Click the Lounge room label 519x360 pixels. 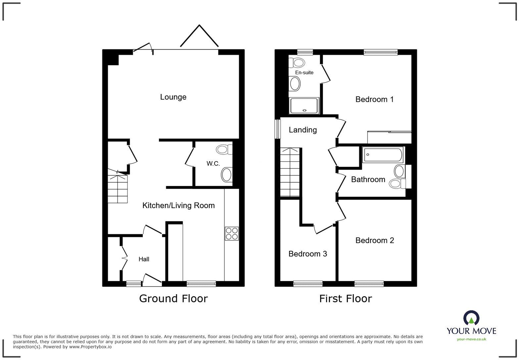pyautogui.click(x=173, y=97)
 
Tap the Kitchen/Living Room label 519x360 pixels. pyautogui.click(x=178, y=205)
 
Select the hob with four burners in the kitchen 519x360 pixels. pyautogui.click(x=232, y=233)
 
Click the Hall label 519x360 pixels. pyautogui.click(x=144, y=259)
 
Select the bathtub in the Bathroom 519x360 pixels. pyautogui.click(x=383, y=155)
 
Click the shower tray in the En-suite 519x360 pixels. pyautogui.click(x=304, y=106)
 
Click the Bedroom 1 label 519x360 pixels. pyautogui.click(x=374, y=99)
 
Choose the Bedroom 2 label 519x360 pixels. pyautogui.click(x=375, y=241)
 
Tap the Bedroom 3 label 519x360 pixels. pyautogui.click(x=307, y=254)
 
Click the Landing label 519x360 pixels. pyautogui.click(x=303, y=130)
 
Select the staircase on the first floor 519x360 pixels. pyautogui.click(x=290, y=172)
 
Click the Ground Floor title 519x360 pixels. pyautogui.click(x=173, y=298)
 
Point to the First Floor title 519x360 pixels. pyautogui.click(x=345, y=298)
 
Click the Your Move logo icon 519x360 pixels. pyautogui.click(x=471, y=318)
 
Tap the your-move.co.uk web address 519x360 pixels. pyautogui.click(x=471, y=339)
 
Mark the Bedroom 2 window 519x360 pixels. pyautogui.click(x=369, y=284)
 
